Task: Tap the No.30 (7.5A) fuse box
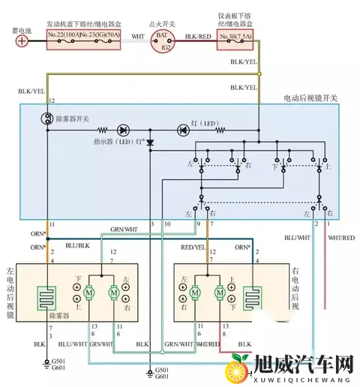pos(238,35)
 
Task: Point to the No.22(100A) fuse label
pos(64,35)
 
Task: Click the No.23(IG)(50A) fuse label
pos(102,35)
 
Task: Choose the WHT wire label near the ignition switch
pos(137,34)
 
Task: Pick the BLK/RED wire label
pos(197,34)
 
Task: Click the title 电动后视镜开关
pos(309,97)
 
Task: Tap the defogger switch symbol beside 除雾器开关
pos(46,118)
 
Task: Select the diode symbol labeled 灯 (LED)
pos(182,130)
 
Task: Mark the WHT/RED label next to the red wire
pos(340,238)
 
